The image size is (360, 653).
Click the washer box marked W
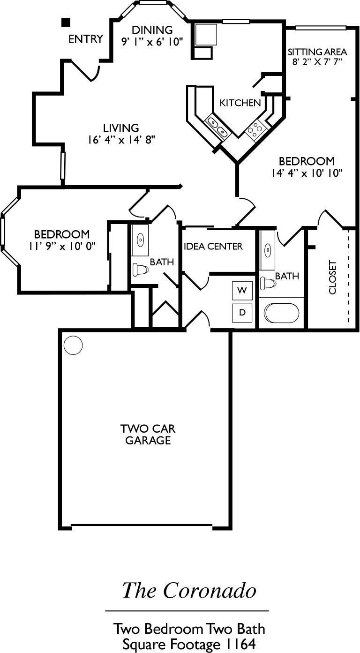tap(242, 291)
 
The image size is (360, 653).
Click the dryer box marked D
tap(242, 312)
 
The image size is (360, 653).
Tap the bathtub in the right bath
tap(281, 313)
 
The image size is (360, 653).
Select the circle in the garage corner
tap(73, 345)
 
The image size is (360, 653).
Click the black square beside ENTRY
tap(66, 22)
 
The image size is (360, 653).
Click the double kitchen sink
tap(218, 127)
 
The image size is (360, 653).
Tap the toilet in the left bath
tap(140, 269)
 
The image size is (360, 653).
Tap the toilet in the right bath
tap(268, 283)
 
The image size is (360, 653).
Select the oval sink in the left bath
tap(140, 240)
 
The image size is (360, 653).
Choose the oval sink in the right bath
tap(268, 249)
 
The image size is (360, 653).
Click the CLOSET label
tap(333, 277)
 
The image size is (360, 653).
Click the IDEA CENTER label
tap(213, 246)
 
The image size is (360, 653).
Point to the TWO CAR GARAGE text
tap(145, 435)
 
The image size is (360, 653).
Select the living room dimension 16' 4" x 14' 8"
tap(121, 139)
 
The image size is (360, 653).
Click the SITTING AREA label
tap(317, 52)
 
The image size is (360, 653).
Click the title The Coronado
tap(189, 590)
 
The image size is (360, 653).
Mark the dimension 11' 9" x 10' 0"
tap(62, 246)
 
